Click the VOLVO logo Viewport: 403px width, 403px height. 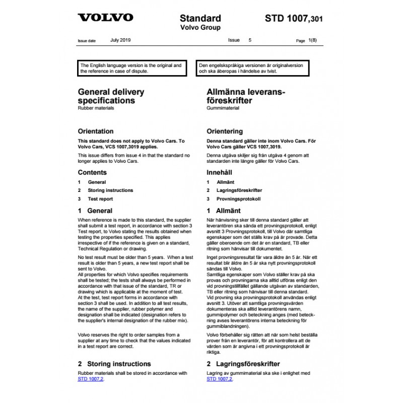click(105, 18)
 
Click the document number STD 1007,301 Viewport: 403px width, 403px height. click(294, 19)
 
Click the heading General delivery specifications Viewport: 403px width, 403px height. click(110, 96)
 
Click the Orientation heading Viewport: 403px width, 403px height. click(96, 131)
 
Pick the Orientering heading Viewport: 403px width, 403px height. click(225, 131)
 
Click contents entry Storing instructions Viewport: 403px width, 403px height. click(110, 190)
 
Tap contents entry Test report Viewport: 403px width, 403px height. click(100, 199)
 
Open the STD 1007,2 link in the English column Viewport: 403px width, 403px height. click(92, 379)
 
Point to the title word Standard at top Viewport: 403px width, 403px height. click(200, 18)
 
